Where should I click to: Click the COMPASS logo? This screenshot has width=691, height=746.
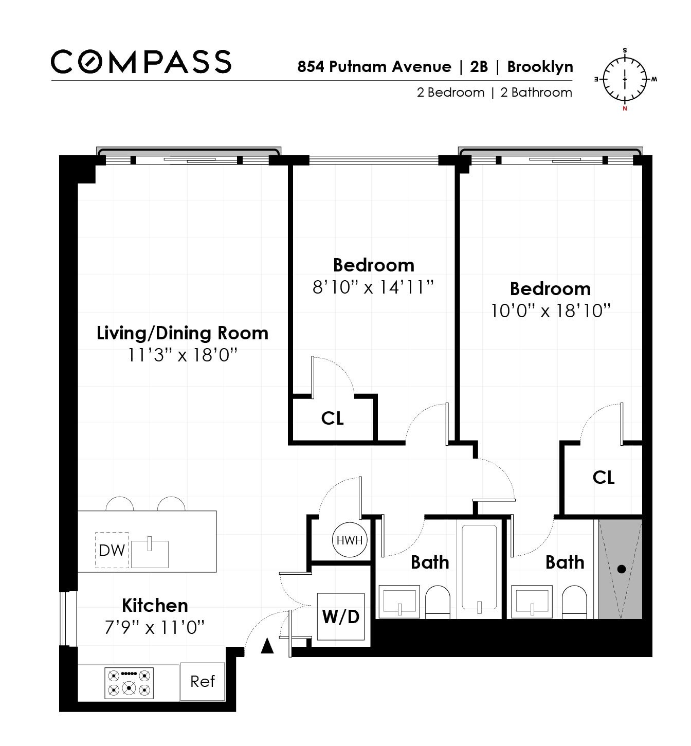pos(141,62)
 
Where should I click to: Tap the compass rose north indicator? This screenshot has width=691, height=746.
pos(625,108)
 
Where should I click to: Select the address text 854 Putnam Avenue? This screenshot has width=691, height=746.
pos(374,67)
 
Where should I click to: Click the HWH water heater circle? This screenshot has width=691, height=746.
pos(350,540)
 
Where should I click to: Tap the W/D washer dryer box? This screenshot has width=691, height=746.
pos(340,616)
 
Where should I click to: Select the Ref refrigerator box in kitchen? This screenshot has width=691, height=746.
pos(202,681)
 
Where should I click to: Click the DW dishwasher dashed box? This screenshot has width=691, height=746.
pos(112,550)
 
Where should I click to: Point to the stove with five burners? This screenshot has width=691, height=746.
pos(129,683)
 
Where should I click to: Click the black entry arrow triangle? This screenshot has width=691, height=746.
pos(267,646)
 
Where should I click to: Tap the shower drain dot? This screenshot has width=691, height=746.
pos(621,569)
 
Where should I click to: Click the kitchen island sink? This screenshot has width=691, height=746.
pos(150,553)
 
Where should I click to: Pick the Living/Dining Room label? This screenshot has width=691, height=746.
pos(183,333)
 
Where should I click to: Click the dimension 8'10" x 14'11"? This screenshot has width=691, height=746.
pos(373,287)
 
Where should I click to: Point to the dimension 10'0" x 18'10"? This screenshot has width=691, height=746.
pos(550,311)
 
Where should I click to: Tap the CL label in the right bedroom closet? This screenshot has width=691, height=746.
pos(603,477)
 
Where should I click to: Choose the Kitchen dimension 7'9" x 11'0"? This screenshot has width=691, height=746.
pos(155,627)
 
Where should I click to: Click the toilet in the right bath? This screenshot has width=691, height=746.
pos(574,602)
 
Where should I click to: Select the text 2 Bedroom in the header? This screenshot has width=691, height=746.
pos(450,93)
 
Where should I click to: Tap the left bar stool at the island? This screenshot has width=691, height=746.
pos(120,504)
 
